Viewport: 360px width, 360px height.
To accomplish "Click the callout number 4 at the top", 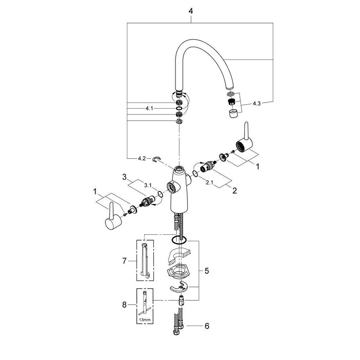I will [x=191, y=11].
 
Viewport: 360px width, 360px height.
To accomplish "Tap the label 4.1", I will [x=149, y=108].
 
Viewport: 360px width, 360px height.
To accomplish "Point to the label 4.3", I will [x=256, y=103].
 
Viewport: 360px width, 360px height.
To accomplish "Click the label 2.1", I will [x=210, y=183].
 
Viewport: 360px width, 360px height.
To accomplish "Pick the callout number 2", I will [x=234, y=190].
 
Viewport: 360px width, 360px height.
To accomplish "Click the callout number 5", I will [x=206, y=270].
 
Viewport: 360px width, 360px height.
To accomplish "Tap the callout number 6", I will [x=207, y=326].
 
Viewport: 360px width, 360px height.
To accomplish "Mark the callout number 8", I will [x=124, y=305].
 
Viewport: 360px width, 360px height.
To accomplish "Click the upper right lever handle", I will [x=245, y=141].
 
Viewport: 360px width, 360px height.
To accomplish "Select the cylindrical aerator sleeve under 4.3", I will [x=233, y=114].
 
